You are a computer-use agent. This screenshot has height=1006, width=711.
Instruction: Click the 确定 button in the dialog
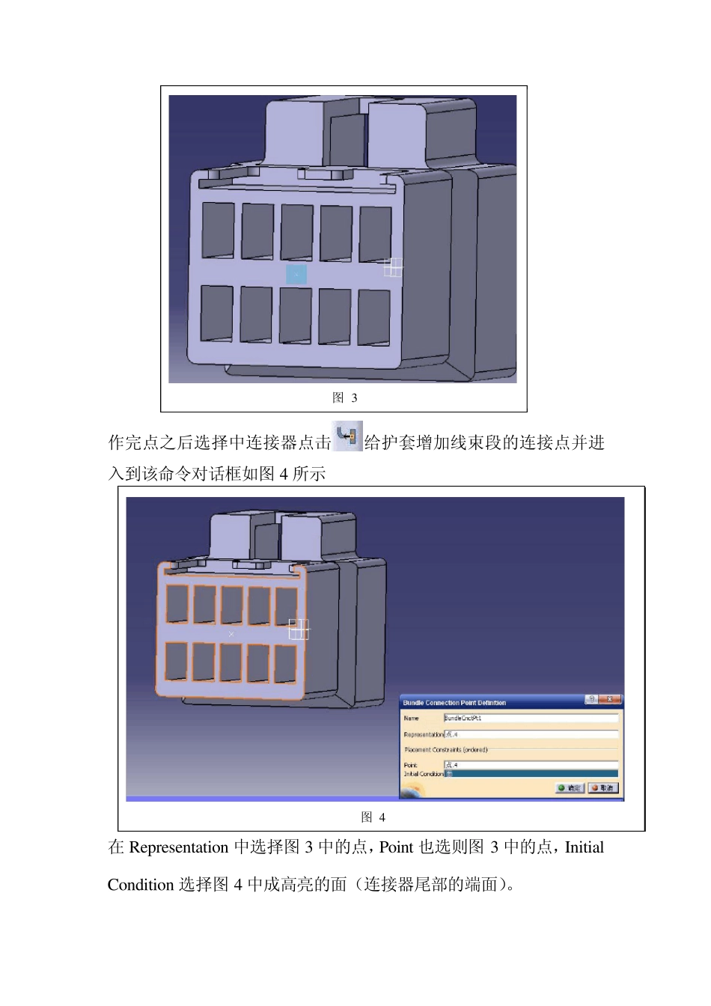click(570, 788)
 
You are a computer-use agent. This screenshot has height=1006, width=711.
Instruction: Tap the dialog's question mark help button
click(591, 700)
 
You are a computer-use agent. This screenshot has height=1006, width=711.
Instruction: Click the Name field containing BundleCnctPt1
click(531, 719)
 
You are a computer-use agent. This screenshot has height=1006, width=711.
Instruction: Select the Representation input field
click(531, 735)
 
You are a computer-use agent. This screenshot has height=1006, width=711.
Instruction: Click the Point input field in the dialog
click(531, 765)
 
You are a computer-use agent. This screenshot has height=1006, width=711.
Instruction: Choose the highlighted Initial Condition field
click(531, 774)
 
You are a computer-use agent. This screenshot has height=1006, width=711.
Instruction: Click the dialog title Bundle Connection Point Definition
click(455, 703)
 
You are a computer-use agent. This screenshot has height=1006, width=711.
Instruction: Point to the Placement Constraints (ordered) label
click(446, 750)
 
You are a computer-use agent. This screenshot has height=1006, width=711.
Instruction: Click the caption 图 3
click(345, 397)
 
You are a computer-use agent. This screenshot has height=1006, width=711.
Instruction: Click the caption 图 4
click(373, 817)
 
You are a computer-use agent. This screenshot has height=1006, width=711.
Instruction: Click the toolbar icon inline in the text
click(347, 436)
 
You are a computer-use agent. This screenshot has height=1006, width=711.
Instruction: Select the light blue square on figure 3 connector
click(296, 274)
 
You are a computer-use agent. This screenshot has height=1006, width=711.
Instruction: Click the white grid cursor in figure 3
click(393, 267)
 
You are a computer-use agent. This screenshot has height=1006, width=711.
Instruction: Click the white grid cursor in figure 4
click(299, 629)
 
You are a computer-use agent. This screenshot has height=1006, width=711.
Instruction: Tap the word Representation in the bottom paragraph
click(179, 847)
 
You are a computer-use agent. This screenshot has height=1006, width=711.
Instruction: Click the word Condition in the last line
click(141, 885)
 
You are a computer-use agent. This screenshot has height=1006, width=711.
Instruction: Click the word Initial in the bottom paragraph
click(584, 847)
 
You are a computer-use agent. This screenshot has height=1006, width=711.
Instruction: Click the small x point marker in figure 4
click(231, 635)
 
